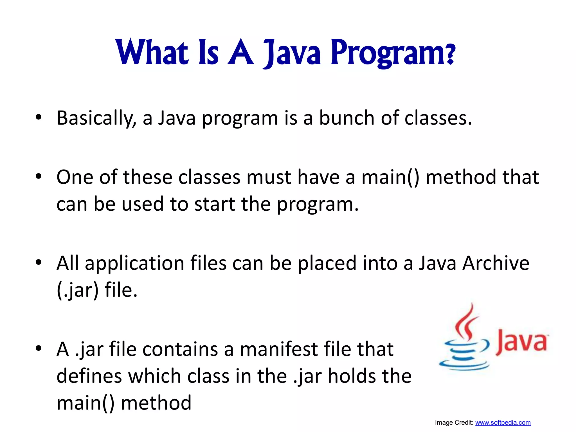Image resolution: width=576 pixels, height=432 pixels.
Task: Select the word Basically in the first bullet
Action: [96, 118]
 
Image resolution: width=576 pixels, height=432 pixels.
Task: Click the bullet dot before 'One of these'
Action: [39, 177]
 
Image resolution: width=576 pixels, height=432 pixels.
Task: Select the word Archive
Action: [496, 263]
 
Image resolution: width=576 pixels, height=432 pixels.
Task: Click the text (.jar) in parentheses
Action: [78, 290]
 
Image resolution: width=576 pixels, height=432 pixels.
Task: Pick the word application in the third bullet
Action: [134, 264]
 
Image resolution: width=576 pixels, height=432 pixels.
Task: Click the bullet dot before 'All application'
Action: [39, 263]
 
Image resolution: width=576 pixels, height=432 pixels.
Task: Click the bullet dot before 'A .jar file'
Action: [39, 349]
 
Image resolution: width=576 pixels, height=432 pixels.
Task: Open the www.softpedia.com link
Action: [503, 423]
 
